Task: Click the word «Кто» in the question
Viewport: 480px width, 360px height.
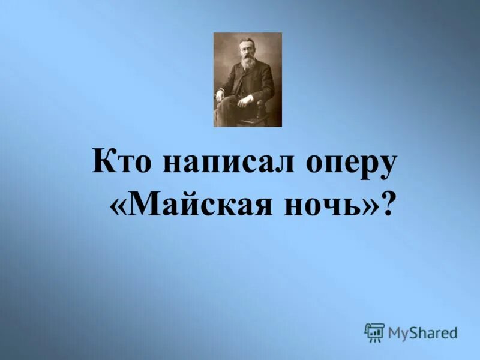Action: coord(123,163)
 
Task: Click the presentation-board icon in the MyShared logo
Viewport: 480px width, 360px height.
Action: coord(374,332)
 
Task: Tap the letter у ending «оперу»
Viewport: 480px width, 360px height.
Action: coord(389,166)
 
